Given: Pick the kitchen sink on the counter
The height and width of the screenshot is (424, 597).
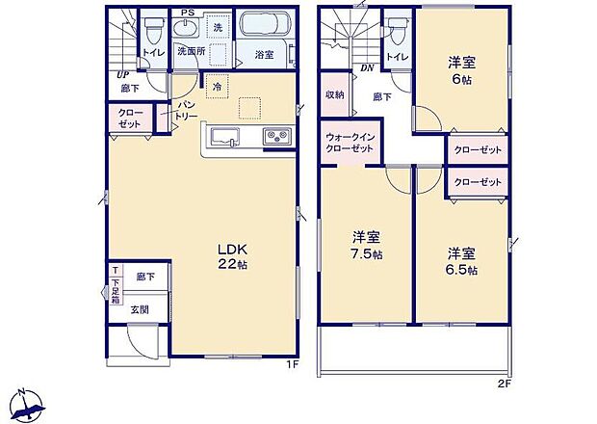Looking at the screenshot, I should point(224,136).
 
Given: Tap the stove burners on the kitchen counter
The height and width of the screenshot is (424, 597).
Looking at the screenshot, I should point(277,136).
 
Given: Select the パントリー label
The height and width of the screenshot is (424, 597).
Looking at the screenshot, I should point(187,108).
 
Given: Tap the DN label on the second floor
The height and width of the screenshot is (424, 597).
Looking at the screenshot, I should point(367,68).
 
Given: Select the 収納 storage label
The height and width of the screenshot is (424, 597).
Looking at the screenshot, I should point(334,94).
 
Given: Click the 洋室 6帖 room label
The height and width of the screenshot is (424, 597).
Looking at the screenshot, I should point(460,72).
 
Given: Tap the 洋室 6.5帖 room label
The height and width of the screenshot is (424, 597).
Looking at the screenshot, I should point(460,261).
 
